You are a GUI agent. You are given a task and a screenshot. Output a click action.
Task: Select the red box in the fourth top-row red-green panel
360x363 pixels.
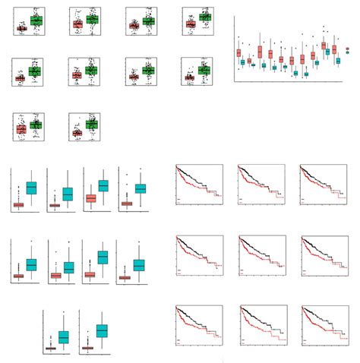coord(191,24)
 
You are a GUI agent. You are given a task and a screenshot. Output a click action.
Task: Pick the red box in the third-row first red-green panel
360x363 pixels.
coord(21,130)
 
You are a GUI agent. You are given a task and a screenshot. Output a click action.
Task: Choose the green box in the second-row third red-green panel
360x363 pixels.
coord(148,71)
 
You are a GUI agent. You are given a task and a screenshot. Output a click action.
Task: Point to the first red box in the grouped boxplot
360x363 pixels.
coord(238,52)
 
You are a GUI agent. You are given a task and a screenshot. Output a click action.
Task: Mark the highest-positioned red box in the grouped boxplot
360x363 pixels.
coord(324,46)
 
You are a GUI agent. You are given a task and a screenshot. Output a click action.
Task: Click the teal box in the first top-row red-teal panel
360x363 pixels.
coord(31,188)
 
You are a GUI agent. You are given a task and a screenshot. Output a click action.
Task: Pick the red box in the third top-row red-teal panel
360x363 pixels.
coord(90,198)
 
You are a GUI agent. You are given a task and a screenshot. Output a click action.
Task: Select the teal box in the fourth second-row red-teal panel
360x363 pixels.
coord(139,265)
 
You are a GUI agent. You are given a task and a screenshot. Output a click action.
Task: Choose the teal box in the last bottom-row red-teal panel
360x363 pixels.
coord(100,330)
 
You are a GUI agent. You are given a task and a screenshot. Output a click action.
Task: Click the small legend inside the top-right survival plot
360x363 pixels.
coord(304,199)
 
